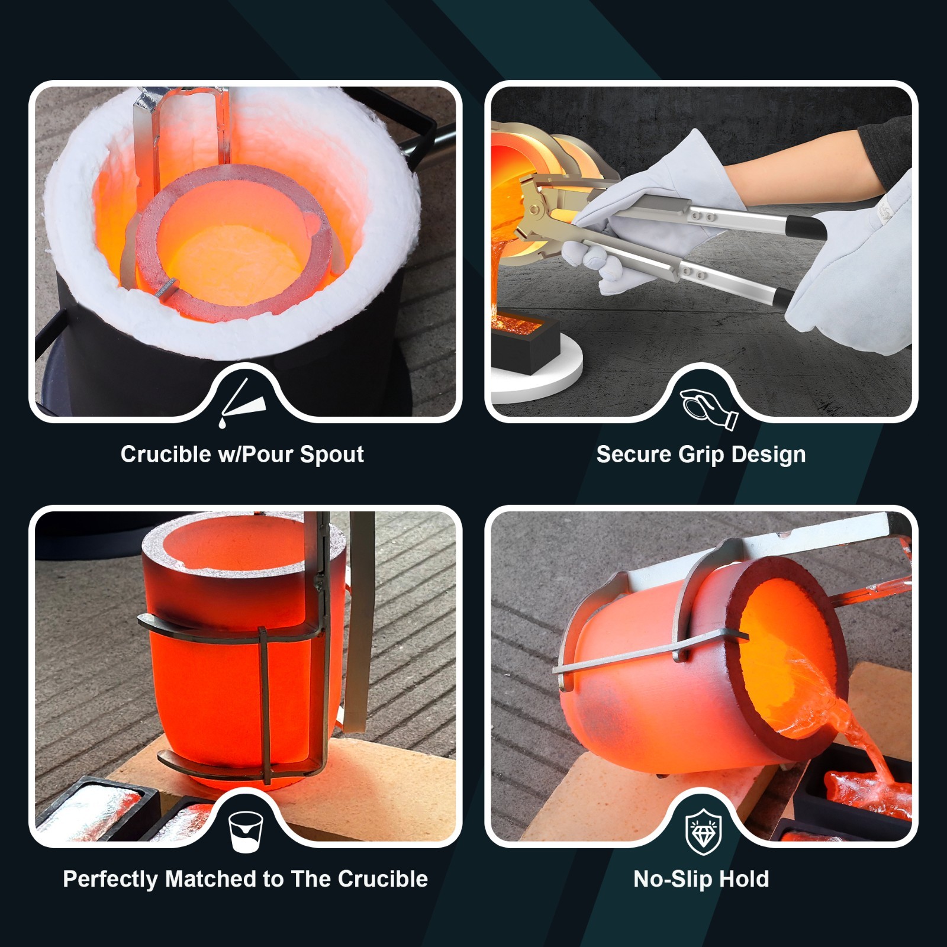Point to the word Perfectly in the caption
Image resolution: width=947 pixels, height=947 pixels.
(x=111, y=880)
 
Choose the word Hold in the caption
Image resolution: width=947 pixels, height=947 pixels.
(x=745, y=880)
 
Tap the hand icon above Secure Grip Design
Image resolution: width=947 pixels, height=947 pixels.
(x=708, y=407)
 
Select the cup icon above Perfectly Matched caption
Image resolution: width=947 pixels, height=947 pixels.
(x=245, y=831)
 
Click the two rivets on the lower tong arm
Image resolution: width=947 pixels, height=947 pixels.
(x=692, y=273)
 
